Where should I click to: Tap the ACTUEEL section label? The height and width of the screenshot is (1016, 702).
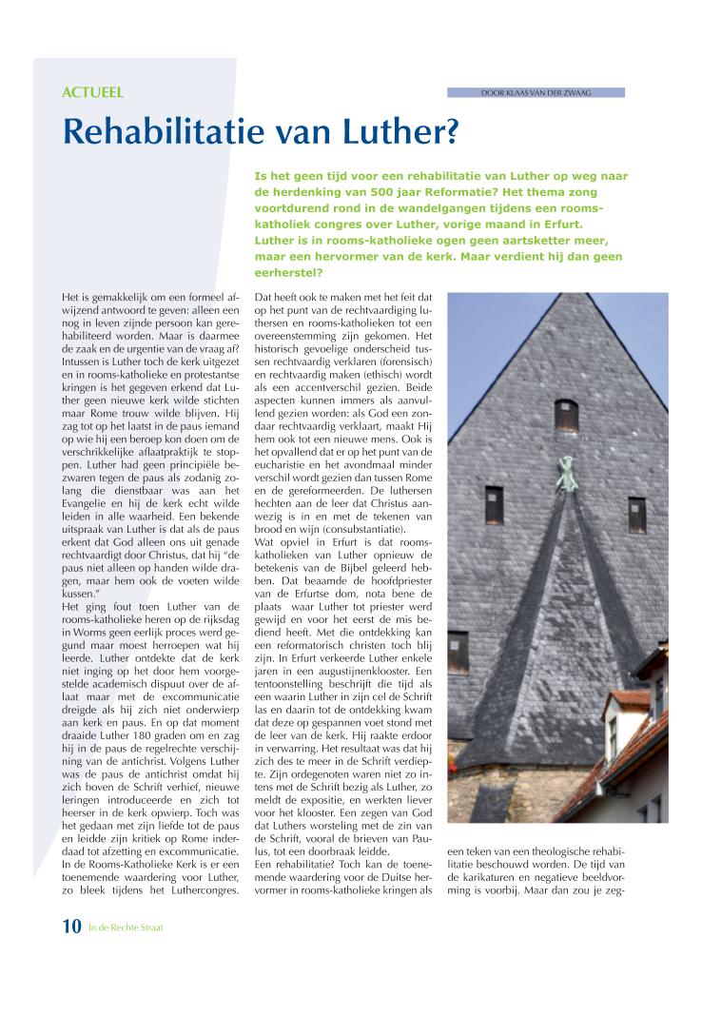click(92, 93)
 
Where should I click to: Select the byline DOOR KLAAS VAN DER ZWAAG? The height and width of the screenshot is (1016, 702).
click(536, 92)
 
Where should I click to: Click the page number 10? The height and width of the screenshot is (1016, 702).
click(72, 928)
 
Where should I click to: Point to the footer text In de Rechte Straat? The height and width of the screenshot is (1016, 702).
click(126, 928)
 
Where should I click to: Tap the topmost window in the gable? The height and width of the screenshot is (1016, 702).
click(566, 416)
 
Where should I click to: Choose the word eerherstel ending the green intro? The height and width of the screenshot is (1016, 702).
click(289, 272)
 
